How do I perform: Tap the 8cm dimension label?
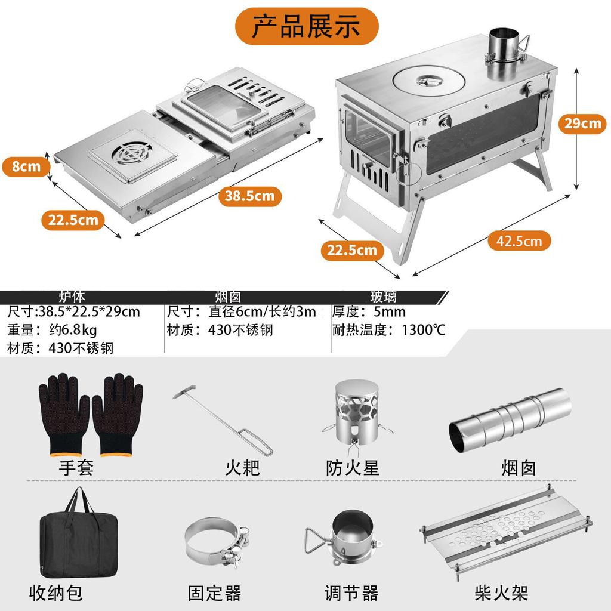coord(26,166)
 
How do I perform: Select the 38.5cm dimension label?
coord(250,195)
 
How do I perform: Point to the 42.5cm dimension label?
coord(519,240)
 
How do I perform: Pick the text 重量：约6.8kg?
coord(52,330)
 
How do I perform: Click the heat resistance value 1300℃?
coord(423,330)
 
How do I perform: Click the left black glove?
coord(63,414)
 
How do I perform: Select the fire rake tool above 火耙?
coord(224,420)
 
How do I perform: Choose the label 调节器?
coord(351,593)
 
